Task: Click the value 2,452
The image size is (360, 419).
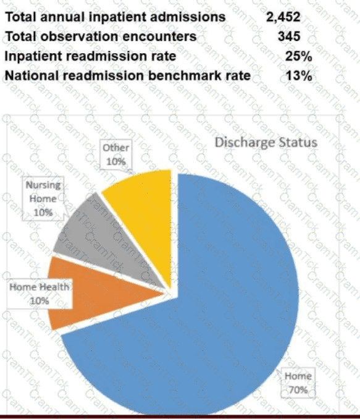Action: [283, 17]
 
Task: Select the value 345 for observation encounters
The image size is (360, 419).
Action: [289, 36]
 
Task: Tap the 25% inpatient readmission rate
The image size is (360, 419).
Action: [299, 56]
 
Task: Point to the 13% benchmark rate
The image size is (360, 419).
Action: [299, 76]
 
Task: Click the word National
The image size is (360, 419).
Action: [32, 75]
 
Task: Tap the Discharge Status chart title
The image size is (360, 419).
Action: [266, 142]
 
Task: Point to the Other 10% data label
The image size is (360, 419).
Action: [116, 154]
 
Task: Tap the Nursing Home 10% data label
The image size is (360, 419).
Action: [43, 198]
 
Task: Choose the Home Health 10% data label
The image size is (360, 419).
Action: [40, 294]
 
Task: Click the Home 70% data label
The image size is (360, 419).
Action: [298, 383]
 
